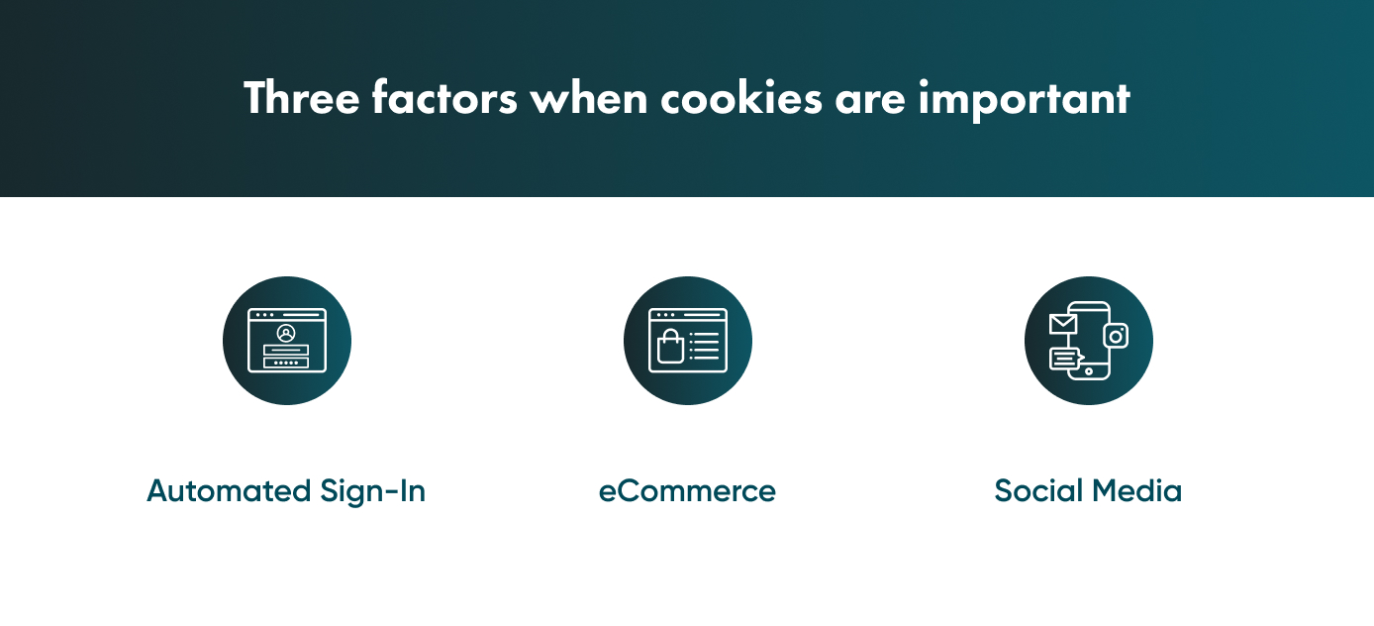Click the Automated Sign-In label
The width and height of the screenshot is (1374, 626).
pos(286,491)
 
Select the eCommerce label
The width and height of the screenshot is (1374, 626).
pos(687,491)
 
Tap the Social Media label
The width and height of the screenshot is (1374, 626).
pos(1088,491)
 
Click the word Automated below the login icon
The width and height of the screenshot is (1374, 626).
pos(229,491)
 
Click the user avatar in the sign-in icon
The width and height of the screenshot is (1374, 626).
pos(287,333)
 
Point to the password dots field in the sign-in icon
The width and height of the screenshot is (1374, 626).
pos(286,363)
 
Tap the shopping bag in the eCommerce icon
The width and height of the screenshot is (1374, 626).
pos(670,347)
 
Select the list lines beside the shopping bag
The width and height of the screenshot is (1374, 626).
pos(706,346)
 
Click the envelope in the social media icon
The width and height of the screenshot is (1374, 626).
pos(1063,323)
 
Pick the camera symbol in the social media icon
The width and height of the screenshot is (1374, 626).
pos(1116,336)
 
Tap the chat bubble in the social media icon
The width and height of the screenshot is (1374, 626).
pos(1065,359)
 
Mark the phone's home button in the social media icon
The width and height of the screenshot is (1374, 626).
pos(1089,371)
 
